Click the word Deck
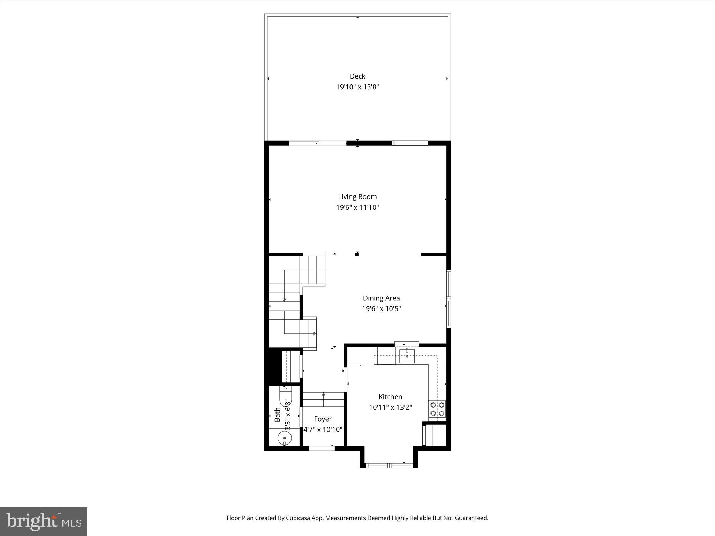(x=357, y=76)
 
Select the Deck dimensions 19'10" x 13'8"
(x=357, y=87)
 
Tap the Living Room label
(x=357, y=197)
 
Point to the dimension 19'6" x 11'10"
(x=357, y=208)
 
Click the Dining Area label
(x=381, y=298)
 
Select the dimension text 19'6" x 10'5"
(x=381, y=309)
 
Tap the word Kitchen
(x=390, y=397)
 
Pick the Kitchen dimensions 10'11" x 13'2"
(x=390, y=407)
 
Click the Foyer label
(x=323, y=419)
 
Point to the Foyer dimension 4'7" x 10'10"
(x=323, y=430)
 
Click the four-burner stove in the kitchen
(x=437, y=409)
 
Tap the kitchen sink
(x=407, y=356)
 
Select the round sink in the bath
(x=285, y=438)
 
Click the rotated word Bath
(x=278, y=415)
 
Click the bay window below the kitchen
(x=389, y=465)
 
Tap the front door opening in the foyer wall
(x=322, y=448)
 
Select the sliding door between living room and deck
(x=318, y=142)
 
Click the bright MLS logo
(x=44, y=521)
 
